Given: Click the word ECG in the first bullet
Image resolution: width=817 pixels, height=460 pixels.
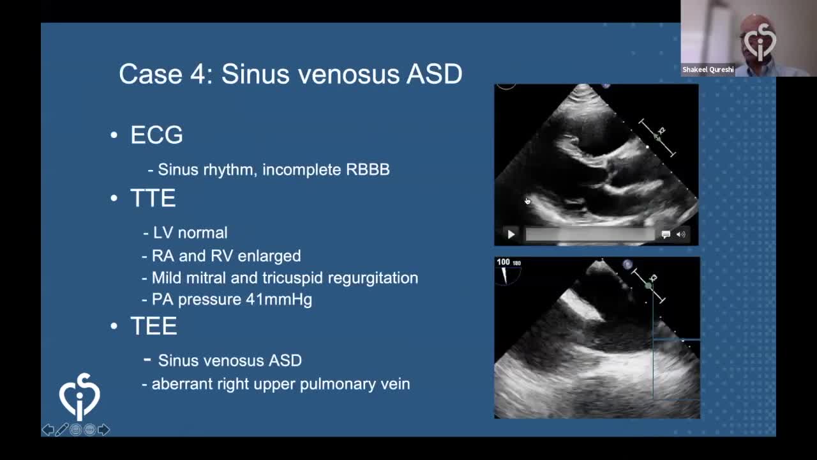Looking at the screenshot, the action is tap(156, 135).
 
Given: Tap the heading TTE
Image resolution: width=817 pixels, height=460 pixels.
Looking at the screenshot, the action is tap(153, 198).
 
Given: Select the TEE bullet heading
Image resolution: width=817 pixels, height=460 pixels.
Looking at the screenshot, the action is tap(154, 326).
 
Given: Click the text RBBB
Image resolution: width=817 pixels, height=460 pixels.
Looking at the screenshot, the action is tap(368, 170).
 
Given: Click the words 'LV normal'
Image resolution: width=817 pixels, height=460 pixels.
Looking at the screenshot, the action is tap(190, 233).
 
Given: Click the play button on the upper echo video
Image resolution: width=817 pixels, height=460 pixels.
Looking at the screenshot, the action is tap(511, 234).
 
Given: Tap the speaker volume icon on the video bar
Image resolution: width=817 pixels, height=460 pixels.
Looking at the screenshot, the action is tap(680, 234).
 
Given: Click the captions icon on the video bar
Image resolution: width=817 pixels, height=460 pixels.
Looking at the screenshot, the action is tap(666, 234).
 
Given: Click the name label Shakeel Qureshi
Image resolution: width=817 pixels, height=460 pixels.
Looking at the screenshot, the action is tap(708, 70).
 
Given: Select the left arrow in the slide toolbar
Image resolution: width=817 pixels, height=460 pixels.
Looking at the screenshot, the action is tap(48, 430).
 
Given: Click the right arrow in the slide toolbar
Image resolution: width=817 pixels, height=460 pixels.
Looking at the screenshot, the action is tap(103, 430).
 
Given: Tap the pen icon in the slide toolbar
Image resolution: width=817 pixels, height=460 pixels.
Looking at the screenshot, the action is tap(62, 430).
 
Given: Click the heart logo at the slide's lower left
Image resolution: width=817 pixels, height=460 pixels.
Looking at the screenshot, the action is tap(80, 397).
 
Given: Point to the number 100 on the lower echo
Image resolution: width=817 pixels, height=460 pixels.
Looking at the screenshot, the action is tap(503, 262).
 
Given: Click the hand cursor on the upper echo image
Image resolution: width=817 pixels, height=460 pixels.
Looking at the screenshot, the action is tap(527, 201).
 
